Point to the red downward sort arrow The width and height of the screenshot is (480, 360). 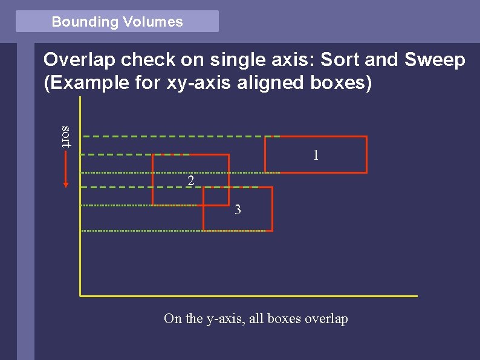66,169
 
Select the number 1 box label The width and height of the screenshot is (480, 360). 316,155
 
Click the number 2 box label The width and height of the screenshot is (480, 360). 190,181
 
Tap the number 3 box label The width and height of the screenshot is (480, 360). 238,210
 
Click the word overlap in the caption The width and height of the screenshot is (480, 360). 326,319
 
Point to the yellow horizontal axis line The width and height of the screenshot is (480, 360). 248,296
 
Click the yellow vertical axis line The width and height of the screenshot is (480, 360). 80,254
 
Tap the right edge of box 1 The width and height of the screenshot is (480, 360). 366,155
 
